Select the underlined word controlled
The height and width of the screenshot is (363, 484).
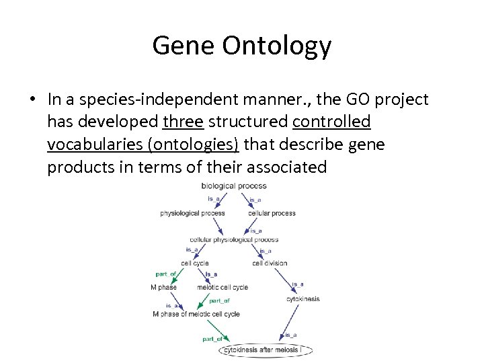pos(331,122)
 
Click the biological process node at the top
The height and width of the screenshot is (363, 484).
pos(234,186)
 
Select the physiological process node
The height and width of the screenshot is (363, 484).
pos(192,213)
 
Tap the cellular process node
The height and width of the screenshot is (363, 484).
pos(272,213)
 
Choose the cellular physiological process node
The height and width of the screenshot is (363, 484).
pos(234,239)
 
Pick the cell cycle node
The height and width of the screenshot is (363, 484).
pos(195,263)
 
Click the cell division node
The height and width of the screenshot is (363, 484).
pos(270,263)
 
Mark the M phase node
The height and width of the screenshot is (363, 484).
pos(163,287)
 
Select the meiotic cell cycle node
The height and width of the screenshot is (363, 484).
pos(223,287)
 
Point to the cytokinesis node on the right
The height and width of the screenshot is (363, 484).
pos(303,298)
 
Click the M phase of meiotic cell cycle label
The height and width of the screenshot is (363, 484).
pos(196,314)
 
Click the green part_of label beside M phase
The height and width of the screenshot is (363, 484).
pos(166,274)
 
